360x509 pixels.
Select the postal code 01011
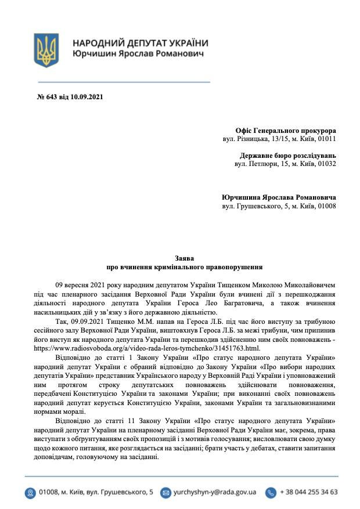pyautogui.click(x=326, y=139)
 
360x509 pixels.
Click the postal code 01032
pyautogui.click(x=326, y=164)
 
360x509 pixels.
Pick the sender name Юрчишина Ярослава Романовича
pyautogui.click(x=279, y=197)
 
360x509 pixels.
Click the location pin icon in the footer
pyautogui.click(x=30, y=492)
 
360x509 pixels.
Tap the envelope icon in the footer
pyautogui.click(x=165, y=492)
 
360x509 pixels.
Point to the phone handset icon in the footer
pyautogui.click(x=271, y=492)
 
